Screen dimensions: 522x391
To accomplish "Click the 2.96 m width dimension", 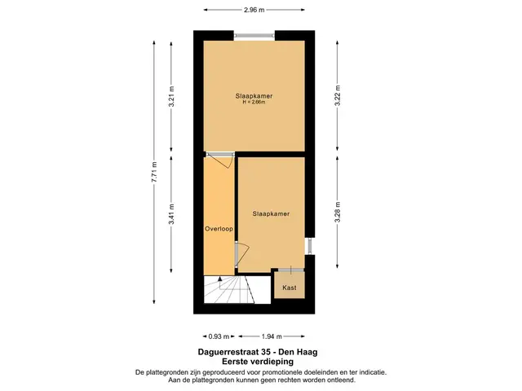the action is coord(254,10).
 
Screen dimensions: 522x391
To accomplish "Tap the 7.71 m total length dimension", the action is coord(154,172).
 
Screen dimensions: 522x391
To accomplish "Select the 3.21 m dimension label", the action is coord(171,96).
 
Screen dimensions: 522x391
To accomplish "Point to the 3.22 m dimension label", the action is coord(338,96).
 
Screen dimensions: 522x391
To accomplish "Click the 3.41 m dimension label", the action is coord(171,213).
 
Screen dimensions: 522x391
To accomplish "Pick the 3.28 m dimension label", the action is coord(338,212).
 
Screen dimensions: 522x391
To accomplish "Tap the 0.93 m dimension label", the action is coord(219,336).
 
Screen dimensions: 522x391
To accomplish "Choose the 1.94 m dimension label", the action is coord(272,336).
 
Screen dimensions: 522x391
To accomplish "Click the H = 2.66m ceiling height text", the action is coord(254,103).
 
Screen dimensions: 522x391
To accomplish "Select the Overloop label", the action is coord(219,229).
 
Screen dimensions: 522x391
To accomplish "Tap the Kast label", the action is coord(290,288).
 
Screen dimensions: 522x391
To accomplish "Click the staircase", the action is coord(229,289).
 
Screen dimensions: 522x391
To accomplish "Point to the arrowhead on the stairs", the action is coord(219,279).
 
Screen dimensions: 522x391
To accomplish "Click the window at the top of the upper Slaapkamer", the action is coord(254,35).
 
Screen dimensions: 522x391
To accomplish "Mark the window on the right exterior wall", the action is coord(310,246).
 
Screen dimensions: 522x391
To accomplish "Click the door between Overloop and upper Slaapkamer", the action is coord(219,160).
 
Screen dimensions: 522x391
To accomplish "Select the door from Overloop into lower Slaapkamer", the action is coord(241,255).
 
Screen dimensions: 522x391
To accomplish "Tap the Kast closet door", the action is coord(291,270).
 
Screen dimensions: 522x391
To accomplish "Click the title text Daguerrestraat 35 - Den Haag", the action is coord(258,352).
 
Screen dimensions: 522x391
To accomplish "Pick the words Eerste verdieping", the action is coord(258,362).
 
